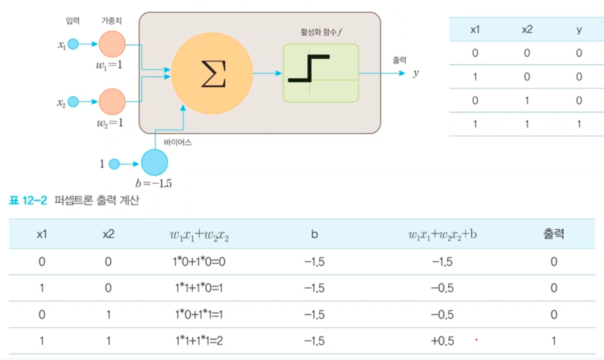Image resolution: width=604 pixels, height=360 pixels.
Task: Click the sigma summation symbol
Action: point(213,74)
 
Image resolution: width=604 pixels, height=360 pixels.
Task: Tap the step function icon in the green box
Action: point(309,69)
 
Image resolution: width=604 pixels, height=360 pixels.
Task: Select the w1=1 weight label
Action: point(109,65)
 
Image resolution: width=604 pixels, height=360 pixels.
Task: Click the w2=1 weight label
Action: point(110,123)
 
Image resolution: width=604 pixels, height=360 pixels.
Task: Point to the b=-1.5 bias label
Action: point(153,183)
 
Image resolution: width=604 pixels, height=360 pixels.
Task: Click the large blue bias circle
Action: point(154,163)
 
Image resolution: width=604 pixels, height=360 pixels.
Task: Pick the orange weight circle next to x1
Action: point(112,44)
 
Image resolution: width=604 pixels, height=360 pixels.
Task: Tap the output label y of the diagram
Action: point(416,73)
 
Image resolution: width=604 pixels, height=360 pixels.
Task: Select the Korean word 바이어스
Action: point(178,142)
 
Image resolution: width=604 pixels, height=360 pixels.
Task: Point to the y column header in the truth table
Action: point(579,30)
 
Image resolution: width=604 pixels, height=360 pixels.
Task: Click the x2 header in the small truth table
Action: point(527,30)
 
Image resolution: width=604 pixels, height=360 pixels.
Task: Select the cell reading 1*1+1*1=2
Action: point(199,341)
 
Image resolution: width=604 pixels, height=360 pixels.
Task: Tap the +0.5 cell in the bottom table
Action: point(442,341)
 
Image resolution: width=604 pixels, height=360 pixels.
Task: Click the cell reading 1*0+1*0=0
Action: point(199,262)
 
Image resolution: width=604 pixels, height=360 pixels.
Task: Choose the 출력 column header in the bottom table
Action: point(553,234)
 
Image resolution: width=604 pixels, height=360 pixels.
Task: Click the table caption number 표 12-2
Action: point(28,200)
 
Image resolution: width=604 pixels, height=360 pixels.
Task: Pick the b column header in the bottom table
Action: point(314,234)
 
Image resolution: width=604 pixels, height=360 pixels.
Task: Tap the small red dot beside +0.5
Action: point(476,340)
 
